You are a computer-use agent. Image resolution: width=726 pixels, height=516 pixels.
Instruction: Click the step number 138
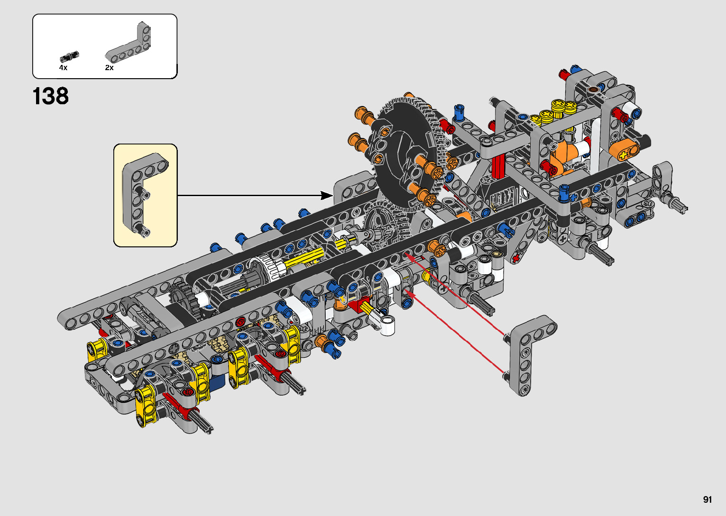[x=51, y=96]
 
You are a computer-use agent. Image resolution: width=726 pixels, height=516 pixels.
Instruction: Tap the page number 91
[x=708, y=499]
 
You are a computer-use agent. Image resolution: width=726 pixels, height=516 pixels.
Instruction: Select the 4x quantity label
[x=63, y=68]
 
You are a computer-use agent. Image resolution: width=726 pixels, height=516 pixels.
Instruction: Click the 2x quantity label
[x=109, y=68]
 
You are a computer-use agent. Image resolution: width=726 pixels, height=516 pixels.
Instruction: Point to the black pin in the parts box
[x=69, y=56]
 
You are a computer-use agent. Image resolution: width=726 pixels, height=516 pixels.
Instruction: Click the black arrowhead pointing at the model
[x=326, y=195]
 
